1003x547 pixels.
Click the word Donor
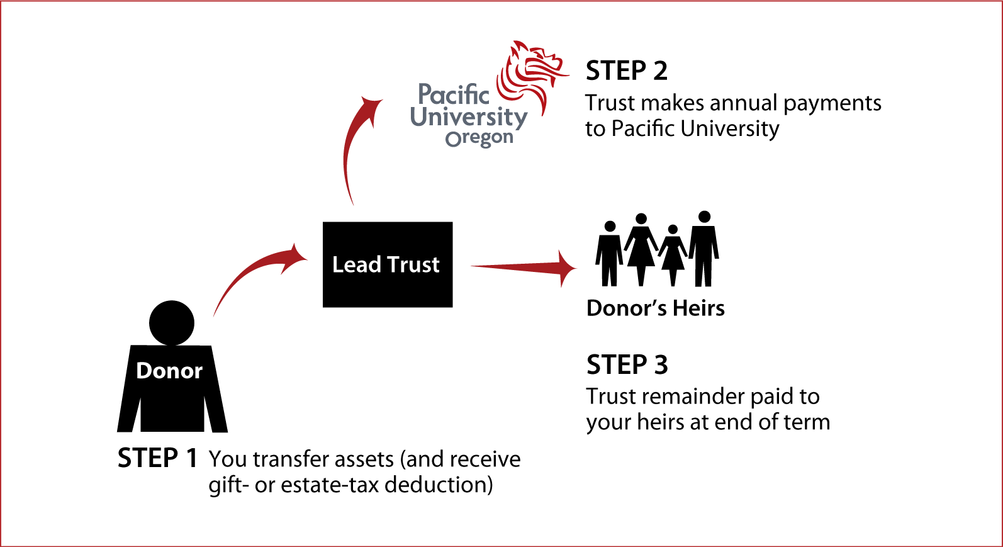(169, 371)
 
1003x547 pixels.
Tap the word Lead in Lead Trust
(356, 264)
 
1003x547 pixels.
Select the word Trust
(413, 264)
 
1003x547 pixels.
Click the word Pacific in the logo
(453, 95)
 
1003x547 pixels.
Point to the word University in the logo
(468, 117)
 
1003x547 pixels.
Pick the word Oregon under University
(479, 138)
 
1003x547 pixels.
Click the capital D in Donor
(144, 371)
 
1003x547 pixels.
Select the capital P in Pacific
(425, 94)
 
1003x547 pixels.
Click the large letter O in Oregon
(453, 140)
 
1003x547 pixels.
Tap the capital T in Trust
(393, 264)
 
